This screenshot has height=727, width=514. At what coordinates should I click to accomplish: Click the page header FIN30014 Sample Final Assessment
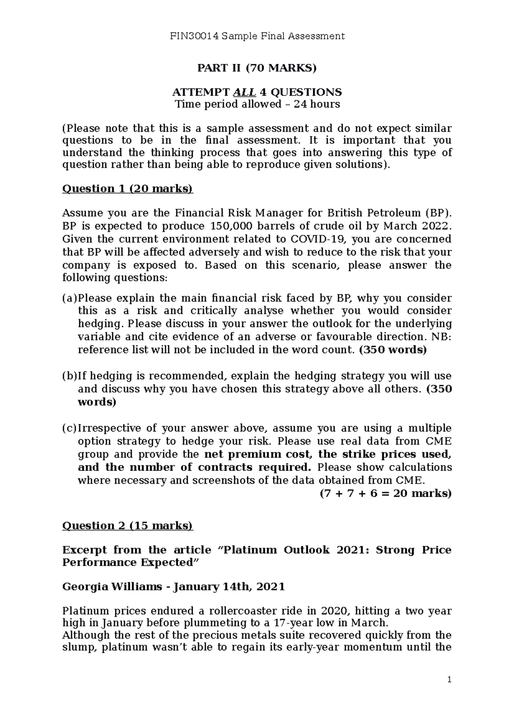coord(257,36)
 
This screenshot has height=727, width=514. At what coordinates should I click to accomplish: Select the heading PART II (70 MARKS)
coord(257,68)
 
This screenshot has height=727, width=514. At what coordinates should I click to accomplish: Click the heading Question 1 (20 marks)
coord(128,189)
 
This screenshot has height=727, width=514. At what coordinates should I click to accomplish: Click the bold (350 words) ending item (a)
coord(393,350)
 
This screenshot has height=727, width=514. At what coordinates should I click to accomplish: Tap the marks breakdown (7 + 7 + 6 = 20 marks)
coord(385,493)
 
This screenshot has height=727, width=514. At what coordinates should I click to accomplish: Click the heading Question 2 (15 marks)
coord(128,526)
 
